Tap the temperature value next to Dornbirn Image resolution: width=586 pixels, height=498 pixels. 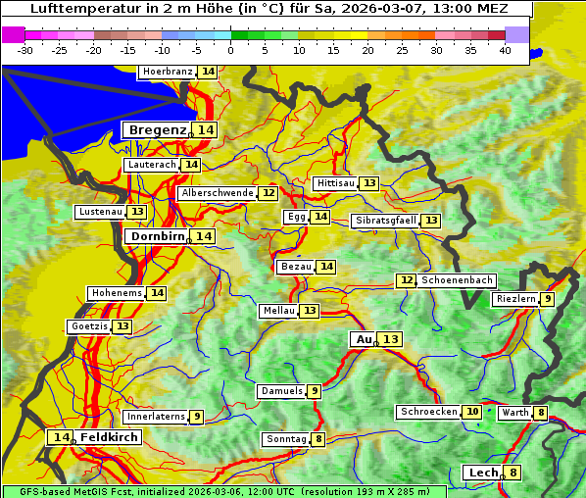(203, 236)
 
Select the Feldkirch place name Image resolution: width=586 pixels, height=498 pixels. (109, 437)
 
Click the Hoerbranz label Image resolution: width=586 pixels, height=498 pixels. (167, 72)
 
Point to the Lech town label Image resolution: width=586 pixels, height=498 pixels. (483, 473)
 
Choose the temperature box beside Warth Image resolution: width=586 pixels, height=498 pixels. (540, 413)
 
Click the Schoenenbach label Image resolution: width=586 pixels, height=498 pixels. (457, 280)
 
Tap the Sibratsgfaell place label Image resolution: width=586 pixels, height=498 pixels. (385, 221)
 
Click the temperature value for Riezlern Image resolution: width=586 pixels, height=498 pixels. (548, 299)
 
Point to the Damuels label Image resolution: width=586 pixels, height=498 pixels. (281, 391)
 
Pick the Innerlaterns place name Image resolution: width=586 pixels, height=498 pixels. (156, 417)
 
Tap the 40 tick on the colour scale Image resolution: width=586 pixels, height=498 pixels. (505, 50)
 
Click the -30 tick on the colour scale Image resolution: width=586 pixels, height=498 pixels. (25, 50)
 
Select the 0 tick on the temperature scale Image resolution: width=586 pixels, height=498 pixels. (231, 50)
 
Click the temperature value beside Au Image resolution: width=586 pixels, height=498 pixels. (390, 339)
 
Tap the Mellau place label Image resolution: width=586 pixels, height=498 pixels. (277, 311)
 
